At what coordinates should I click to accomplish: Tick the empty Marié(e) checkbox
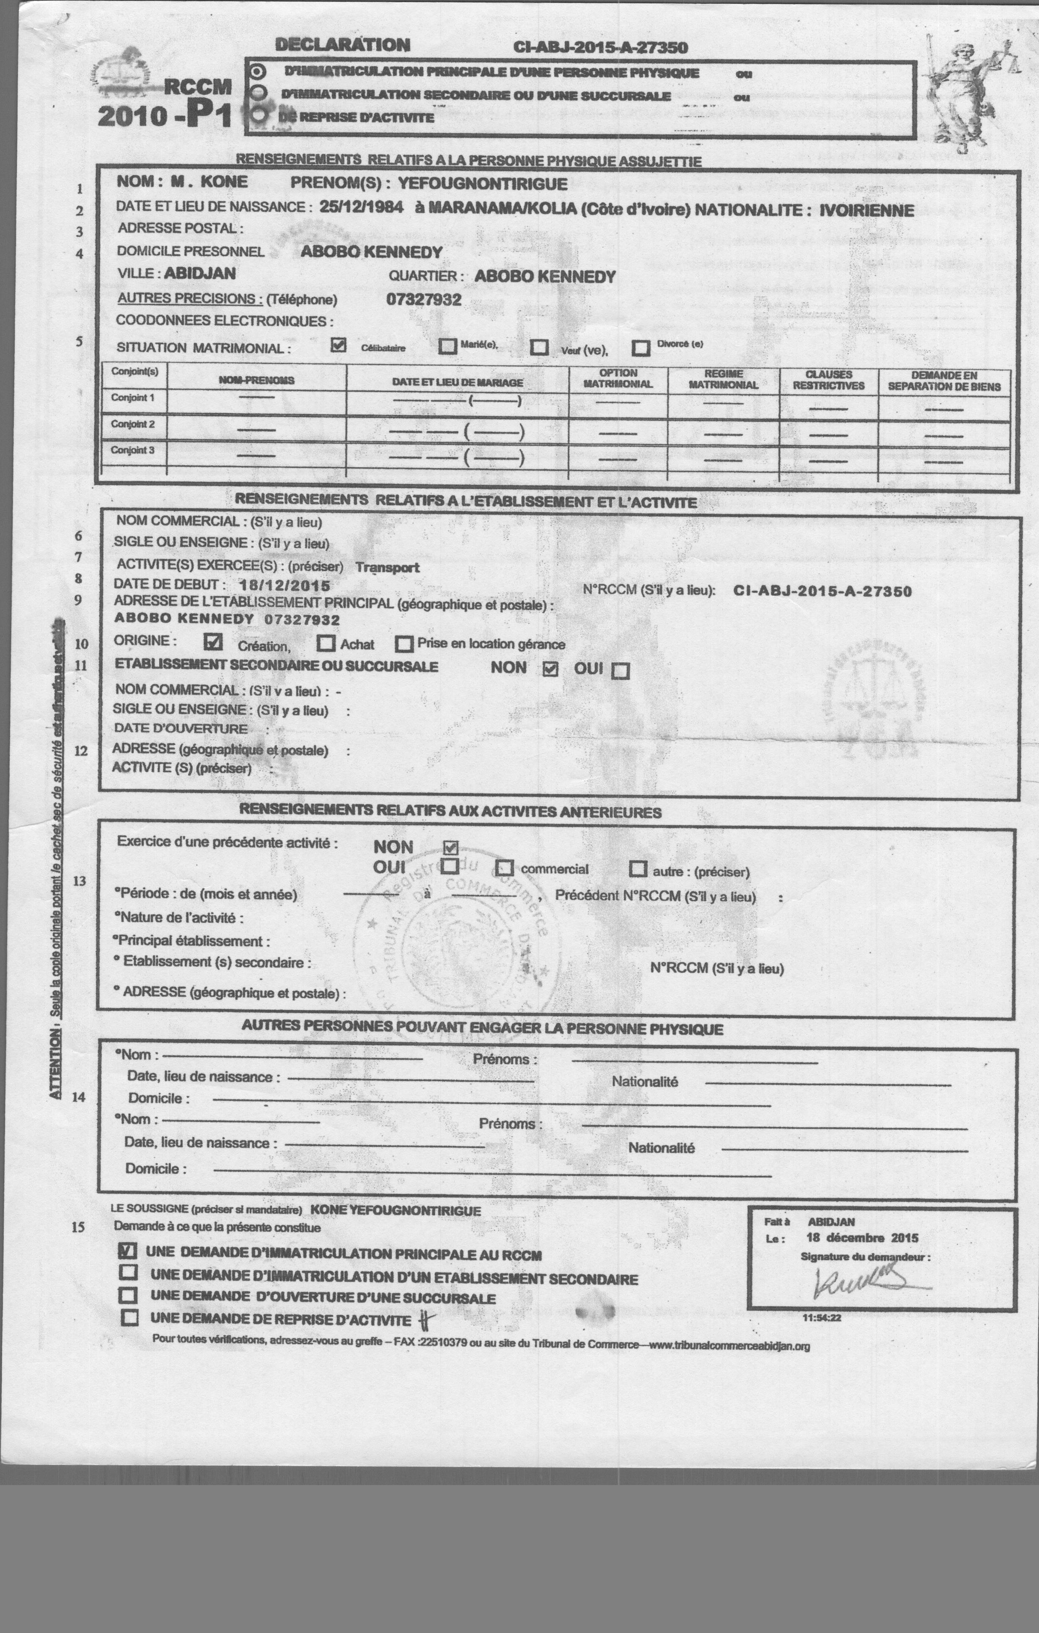(447, 346)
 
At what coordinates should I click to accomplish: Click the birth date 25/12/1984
(361, 207)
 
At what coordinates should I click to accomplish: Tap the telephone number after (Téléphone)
(424, 299)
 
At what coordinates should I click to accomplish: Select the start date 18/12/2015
(285, 585)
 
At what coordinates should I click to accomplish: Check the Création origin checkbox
(213, 641)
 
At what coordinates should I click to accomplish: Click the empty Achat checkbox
(326, 642)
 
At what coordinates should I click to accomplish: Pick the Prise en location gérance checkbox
(404, 644)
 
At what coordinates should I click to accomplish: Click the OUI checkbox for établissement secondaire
(620, 671)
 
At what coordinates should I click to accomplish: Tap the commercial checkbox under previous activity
(504, 868)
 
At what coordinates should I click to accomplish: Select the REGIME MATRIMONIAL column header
(723, 379)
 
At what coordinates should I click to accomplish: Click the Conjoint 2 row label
(133, 424)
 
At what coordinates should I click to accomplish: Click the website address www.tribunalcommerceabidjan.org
(729, 1346)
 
